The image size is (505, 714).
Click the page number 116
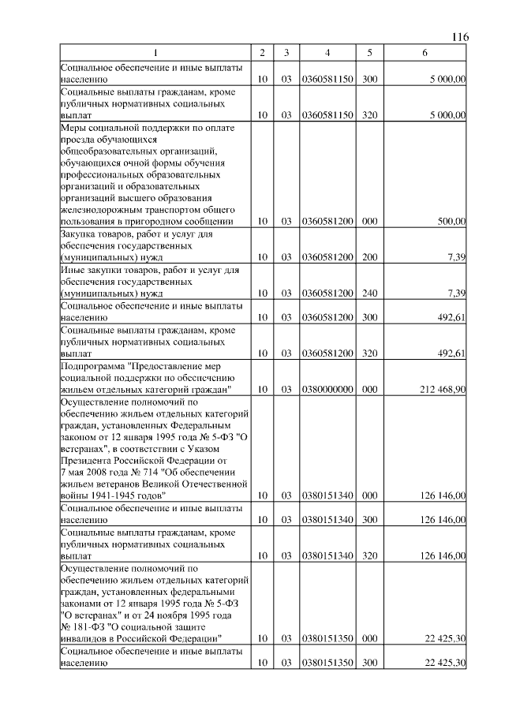click(x=461, y=37)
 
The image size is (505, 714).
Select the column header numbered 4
click(x=327, y=53)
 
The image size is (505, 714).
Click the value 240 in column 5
click(x=368, y=293)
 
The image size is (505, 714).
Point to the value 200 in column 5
click(x=368, y=256)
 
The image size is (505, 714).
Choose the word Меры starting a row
click(x=73, y=126)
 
